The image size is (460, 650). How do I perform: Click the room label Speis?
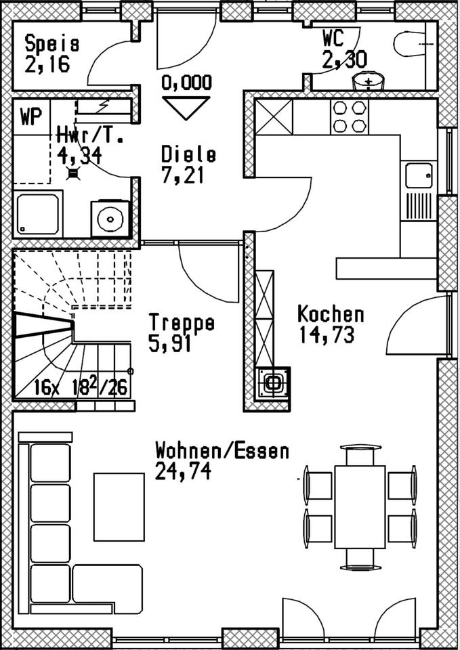click(x=52, y=45)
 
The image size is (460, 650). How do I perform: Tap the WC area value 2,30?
click(x=345, y=60)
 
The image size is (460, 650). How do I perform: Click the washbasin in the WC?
click(x=368, y=82)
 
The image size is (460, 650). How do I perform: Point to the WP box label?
click(x=29, y=116)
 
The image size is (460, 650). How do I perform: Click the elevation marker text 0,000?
click(x=186, y=83)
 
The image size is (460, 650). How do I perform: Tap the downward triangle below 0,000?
click(x=186, y=107)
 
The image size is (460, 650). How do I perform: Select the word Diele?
click(x=189, y=154)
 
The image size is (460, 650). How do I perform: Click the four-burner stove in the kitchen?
click(x=350, y=116)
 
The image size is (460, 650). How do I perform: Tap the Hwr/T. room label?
click(x=90, y=135)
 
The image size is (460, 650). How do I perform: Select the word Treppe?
click(x=182, y=322)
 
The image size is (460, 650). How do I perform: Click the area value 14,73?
click(x=326, y=334)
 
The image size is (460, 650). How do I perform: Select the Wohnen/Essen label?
click(x=222, y=450)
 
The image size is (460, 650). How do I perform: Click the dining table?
click(x=359, y=506)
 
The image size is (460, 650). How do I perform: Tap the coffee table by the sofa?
click(x=119, y=506)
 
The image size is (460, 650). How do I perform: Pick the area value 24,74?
click(x=182, y=471)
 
